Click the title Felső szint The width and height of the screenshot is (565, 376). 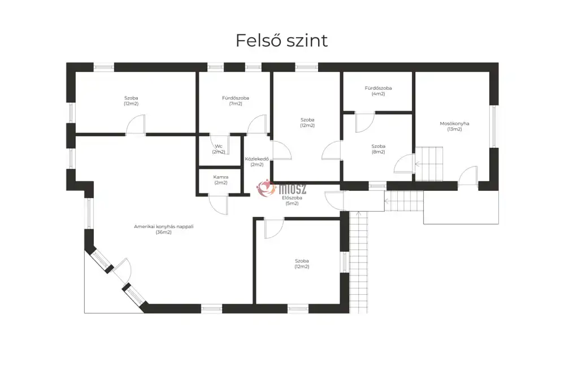point(281,41)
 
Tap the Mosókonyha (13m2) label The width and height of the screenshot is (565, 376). point(454,126)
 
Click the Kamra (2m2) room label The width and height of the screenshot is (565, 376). point(220,180)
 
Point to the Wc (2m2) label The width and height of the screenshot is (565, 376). point(219,149)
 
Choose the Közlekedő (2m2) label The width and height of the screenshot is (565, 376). point(257,161)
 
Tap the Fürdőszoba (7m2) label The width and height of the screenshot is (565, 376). point(235,100)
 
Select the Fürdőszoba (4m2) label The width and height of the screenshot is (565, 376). point(378,91)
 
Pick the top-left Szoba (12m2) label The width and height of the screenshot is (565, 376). point(131,100)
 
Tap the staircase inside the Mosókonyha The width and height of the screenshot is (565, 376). point(431,163)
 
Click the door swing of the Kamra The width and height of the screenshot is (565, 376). point(219,204)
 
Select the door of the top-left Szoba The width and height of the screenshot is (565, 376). point(136,125)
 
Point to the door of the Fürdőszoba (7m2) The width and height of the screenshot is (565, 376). point(257,125)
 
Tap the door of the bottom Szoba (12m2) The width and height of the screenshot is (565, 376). point(273,228)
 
